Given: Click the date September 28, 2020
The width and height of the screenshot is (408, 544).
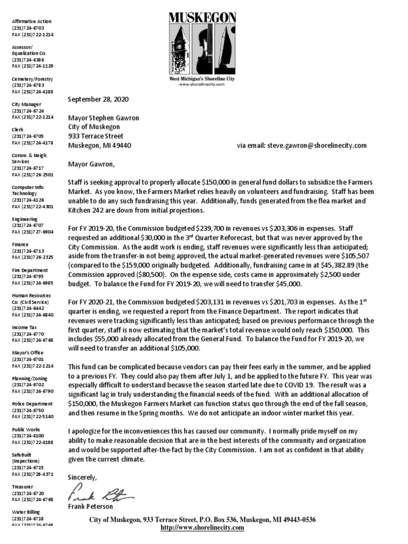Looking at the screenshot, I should click(98, 99).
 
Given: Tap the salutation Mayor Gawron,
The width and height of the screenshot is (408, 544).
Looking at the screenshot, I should click(91, 164).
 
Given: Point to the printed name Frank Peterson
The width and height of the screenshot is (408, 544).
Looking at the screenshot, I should click(91, 507).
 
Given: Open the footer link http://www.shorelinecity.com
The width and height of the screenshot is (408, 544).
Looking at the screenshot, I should click(202, 528).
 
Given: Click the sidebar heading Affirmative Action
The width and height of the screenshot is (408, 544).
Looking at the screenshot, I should click(32, 21).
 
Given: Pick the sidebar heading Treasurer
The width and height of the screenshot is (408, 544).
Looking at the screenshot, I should click(23, 487).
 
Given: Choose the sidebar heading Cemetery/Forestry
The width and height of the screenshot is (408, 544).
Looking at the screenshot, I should click(32, 79).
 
